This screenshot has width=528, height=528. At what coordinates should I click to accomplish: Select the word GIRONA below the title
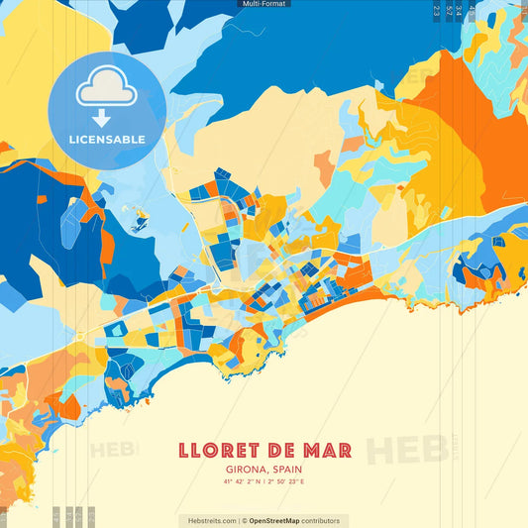(x=239, y=469)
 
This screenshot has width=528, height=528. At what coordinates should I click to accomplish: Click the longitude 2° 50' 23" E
(x=287, y=481)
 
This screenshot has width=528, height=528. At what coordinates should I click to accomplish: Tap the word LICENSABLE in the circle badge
(x=107, y=138)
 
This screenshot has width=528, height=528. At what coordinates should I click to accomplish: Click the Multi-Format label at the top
(x=264, y=4)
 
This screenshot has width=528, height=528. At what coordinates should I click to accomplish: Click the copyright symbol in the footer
(x=244, y=520)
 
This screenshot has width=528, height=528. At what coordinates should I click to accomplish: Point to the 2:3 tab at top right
(x=437, y=11)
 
